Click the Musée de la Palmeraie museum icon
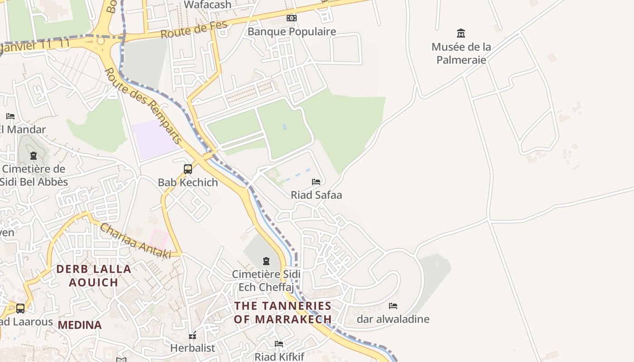[461, 33]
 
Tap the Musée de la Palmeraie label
[461, 53]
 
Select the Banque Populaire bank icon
[292, 18]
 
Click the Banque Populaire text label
[292, 32]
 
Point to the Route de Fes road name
[193, 30]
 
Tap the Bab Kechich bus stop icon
[188, 169]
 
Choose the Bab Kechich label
[188, 182]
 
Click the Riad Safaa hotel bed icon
[316, 182]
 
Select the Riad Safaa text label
[316, 195]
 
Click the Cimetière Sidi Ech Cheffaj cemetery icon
[266, 261]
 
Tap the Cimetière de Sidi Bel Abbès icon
[33, 156]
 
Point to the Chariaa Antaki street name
[135, 241]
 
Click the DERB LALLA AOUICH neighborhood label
[94, 276]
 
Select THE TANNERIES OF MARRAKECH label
[283, 312]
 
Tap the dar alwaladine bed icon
[393, 306]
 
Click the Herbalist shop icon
[192, 335]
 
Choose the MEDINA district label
[80, 325]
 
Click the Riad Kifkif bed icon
[279, 344]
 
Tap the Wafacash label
[208, 5]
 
